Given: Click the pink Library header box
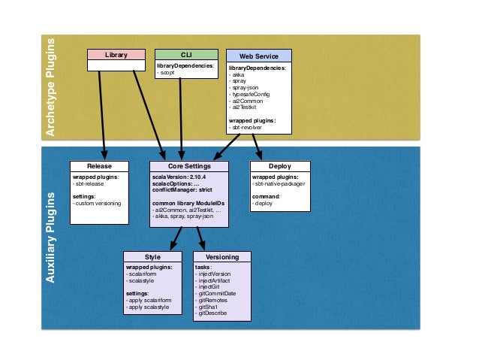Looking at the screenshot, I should coord(116,55).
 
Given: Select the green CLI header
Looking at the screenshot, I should coord(186,55).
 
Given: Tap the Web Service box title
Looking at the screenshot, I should coord(258,56).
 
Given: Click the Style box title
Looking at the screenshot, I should coord(152,257).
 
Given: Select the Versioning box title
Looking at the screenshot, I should coord(222,257).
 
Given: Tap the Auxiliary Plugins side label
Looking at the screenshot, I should coord(52,237).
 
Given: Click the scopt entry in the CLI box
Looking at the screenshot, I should coord(167,73).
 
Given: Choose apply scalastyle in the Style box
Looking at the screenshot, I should coord(150,306).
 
